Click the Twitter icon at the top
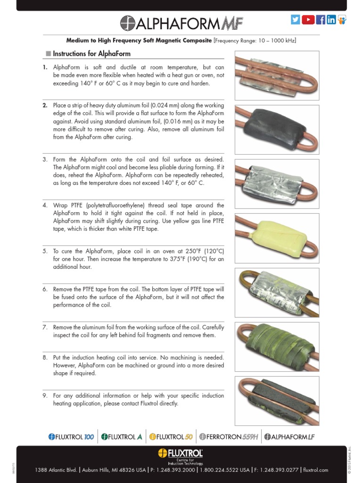coord(296,19)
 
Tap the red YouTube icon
coord(308,19)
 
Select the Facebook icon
coord(321,19)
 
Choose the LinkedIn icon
coord(331,19)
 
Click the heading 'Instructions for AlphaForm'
coord(91,54)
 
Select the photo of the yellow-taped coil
coord(277,238)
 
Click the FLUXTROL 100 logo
coord(71,437)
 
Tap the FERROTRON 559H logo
coord(229,437)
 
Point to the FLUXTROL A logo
coord(122,437)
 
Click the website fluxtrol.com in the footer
coord(316,470)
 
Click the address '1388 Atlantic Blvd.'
coord(57,470)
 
